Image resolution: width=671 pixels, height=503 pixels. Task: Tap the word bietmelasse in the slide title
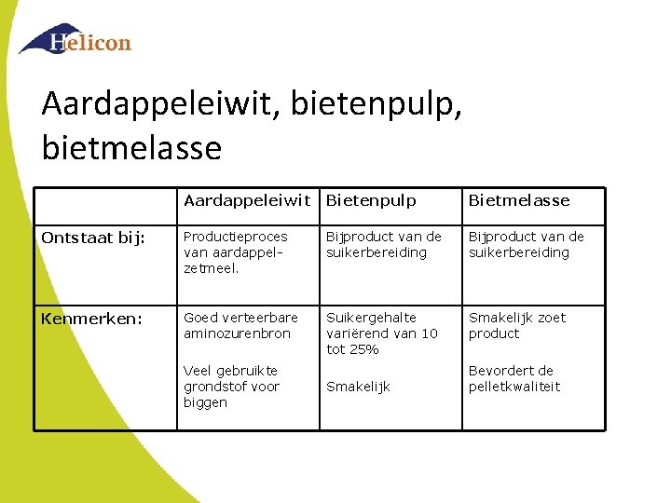(x=131, y=147)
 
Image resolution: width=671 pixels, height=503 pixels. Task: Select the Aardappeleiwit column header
(x=247, y=200)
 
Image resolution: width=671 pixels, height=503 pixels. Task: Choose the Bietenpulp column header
(x=371, y=200)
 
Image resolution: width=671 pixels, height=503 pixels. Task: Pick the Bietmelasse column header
(x=518, y=200)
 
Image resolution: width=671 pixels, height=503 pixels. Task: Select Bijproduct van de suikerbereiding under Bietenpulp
(x=383, y=244)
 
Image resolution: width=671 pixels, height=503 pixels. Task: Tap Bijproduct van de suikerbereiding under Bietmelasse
(x=526, y=244)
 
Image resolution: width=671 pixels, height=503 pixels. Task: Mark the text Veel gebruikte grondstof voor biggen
(x=231, y=387)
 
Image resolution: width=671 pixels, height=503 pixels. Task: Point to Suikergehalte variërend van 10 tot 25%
(x=381, y=333)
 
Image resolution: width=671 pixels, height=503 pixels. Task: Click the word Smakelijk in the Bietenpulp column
(x=358, y=387)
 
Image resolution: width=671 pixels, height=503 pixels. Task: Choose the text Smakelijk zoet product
(x=516, y=325)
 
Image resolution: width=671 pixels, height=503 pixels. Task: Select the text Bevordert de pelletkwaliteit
(x=514, y=378)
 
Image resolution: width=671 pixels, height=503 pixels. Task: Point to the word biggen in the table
(x=205, y=402)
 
